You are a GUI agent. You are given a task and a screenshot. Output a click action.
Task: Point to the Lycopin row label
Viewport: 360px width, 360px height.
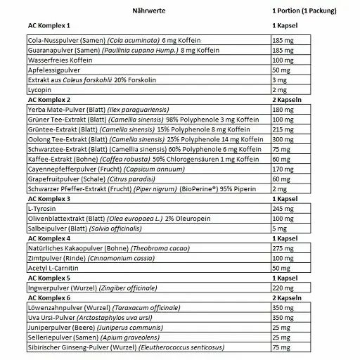point(37,91)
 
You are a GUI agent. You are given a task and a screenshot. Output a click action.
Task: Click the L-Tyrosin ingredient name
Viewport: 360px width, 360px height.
point(41,209)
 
